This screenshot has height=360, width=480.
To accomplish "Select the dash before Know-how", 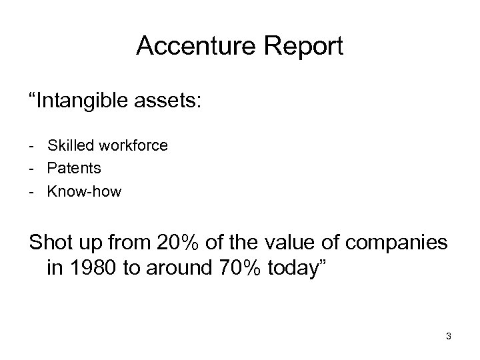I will pyautogui.click(x=33, y=193).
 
